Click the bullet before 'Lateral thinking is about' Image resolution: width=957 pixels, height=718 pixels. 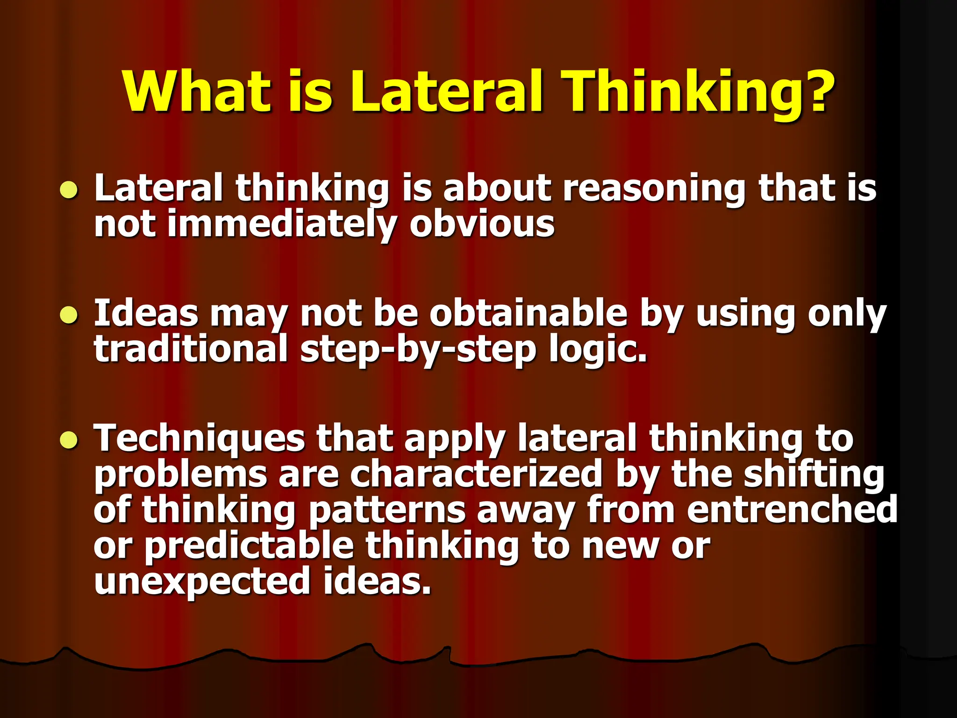point(69,191)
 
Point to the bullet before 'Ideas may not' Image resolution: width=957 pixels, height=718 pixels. point(69,316)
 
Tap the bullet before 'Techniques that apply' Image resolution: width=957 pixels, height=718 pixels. point(69,440)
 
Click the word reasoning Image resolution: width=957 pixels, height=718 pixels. point(654,189)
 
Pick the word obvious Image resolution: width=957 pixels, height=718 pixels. point(482,224)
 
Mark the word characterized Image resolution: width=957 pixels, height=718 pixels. point(477,474)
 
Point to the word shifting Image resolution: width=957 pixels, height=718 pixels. point(814,475)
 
